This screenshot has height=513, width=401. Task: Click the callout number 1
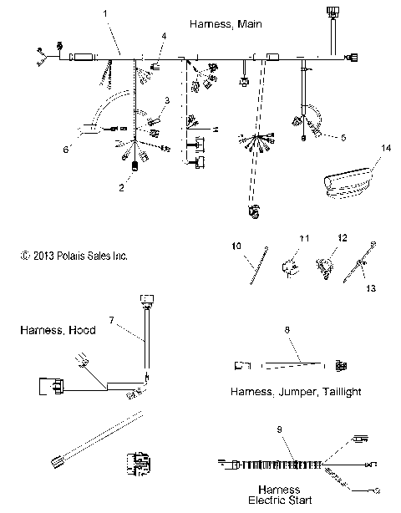pos(105,14)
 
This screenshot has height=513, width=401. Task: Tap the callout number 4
pos(164,36)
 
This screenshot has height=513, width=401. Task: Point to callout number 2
pos(121,189)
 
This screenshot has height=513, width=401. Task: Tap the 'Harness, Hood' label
pos(57,330)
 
